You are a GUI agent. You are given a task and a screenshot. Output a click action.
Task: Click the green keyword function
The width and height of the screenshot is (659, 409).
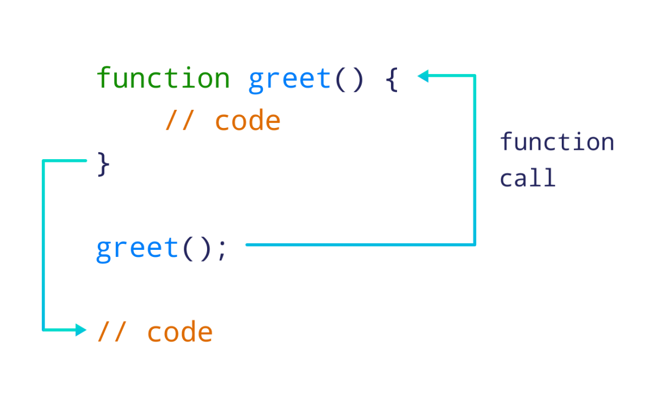[163, 78]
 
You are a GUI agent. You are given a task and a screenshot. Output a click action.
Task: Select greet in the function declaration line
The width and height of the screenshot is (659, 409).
[289, 80]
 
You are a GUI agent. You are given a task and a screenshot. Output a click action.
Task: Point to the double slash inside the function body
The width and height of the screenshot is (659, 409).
[179, 121]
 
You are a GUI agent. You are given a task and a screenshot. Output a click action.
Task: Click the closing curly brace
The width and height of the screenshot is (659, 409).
[103, 164]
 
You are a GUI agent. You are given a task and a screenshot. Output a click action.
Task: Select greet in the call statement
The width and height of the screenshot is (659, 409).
[137, 249]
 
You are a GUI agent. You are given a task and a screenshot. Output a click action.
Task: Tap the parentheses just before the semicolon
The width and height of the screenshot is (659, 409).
[197, 249]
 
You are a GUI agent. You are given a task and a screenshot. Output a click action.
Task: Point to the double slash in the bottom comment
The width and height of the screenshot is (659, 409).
[111, 332]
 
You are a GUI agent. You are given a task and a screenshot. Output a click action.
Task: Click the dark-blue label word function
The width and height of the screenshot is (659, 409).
[556, 142]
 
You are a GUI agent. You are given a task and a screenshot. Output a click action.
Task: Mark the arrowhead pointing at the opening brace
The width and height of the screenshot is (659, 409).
[423, 76]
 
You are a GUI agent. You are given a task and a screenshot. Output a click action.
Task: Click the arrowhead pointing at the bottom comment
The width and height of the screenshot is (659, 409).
[81, 330]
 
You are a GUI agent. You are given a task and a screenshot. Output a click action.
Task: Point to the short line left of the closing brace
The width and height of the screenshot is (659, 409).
[65, 160]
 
